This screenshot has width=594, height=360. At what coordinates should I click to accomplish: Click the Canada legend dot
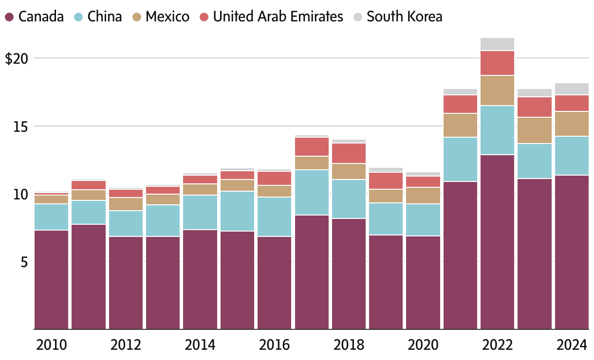[9, 17]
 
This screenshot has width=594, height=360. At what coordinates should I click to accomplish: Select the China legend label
[105, 17]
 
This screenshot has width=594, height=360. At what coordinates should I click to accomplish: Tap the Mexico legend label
[167, 17]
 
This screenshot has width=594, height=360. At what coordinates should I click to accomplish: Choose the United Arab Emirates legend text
[278, 17]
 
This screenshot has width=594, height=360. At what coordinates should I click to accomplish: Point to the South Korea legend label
[405, 17]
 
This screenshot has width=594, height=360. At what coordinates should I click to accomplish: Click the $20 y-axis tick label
[16, 59]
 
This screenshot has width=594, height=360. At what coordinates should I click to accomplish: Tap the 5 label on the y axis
[23, 262]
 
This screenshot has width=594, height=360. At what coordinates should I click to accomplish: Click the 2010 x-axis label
[52, 345]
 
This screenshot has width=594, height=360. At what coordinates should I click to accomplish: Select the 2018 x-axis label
[349, 345]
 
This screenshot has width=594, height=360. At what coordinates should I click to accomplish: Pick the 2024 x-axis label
[572, 345]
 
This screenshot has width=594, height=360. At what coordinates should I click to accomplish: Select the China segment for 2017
[312, 192]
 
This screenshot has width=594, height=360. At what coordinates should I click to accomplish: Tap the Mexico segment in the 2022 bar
[497, 90]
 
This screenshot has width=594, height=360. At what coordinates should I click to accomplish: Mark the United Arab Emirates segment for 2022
[497, 63]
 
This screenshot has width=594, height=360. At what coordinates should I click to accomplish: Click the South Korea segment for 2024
[572, 89]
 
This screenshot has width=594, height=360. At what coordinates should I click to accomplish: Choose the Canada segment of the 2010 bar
[52, 279]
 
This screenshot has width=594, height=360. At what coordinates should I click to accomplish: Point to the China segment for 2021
[460, 159]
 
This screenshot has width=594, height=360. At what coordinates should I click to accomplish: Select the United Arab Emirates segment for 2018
[349, 153]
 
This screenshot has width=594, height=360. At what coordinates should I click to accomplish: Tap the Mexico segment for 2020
[423, 196]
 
